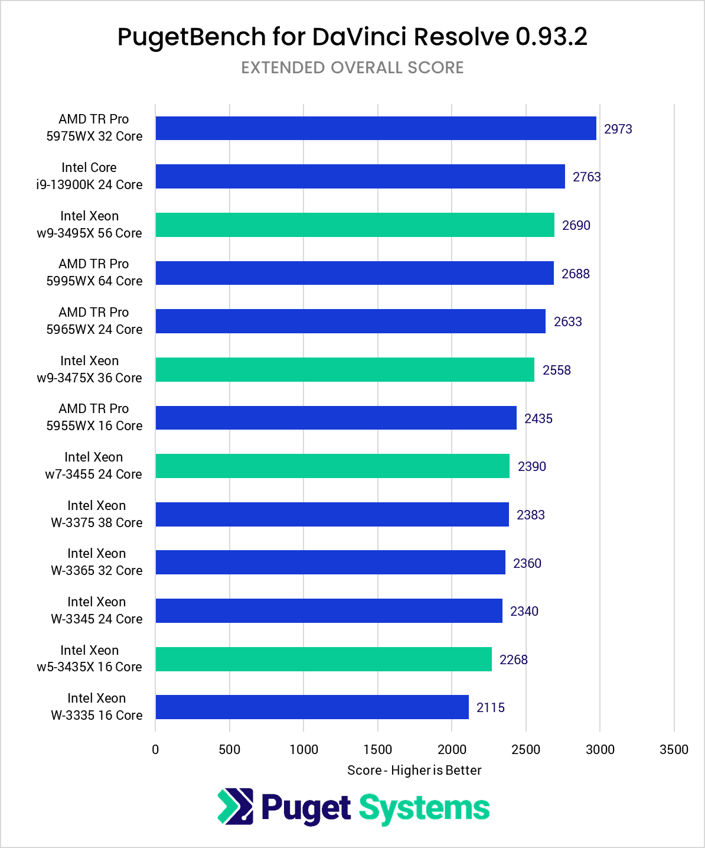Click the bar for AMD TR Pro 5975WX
pos(376,128)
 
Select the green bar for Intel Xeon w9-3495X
pos(355,225)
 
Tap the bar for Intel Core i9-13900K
pos(360,176)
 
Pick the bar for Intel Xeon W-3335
pos(312,707)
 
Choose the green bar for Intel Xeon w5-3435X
pos(324,659)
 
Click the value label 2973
pos(618,129)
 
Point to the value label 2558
pos(556,370)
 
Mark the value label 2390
pos(531,466)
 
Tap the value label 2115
pos(490,707)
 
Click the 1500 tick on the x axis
pos(377,749)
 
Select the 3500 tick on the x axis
pos(674,749)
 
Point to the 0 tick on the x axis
pos(155,749)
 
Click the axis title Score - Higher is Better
pos(414,770)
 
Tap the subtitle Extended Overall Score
pos(352,67)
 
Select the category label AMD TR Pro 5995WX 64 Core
pos(94,272)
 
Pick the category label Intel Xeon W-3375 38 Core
pos(96,514)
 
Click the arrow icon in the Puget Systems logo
pos(235,807)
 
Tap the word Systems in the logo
pos(424,808)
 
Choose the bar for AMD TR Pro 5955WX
pos(336,417)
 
